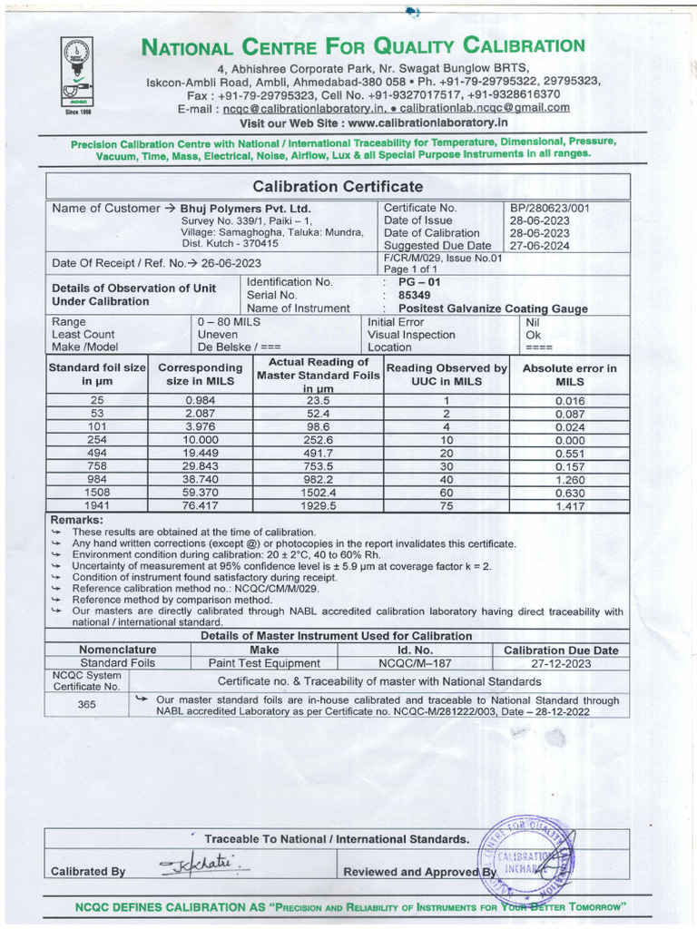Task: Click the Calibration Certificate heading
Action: click(338, 187)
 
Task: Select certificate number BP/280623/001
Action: click(550, 208)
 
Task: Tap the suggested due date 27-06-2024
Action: click(539, 246)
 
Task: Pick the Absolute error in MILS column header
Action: click(569, 375)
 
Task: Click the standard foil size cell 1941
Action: click(97, 505)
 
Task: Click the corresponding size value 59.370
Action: click(201, 492)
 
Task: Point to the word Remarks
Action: click(76, 519)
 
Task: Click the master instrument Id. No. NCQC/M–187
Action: click(415, 663)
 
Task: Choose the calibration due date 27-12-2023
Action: click(561, 663)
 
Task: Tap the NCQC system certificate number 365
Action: click(87, 704)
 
